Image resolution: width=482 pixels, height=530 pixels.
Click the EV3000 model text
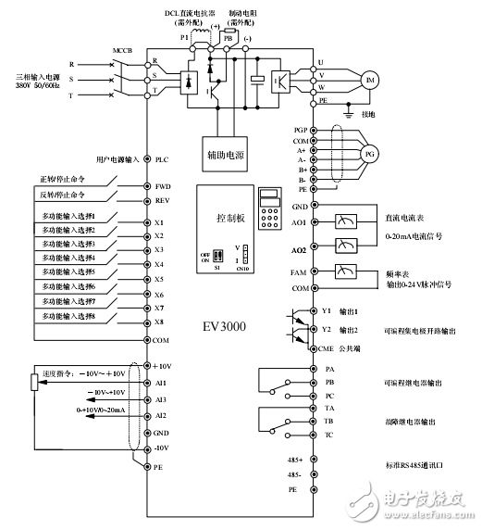click(x=228, y=326)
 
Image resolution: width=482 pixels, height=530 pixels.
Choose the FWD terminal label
click(x=164, y=186)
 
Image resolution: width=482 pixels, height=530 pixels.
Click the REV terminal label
click(x=163, y=199)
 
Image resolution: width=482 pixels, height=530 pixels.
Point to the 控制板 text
click(x=226, y=223)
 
